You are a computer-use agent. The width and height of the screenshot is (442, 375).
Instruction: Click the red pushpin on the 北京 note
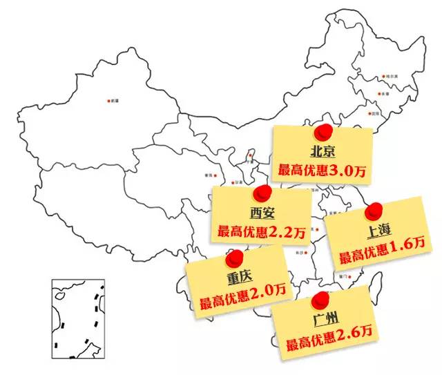coord(322,133)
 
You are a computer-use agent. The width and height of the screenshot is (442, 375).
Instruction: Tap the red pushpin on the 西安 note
coord(260,194)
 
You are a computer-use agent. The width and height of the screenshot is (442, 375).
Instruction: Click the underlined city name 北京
coord(322,151)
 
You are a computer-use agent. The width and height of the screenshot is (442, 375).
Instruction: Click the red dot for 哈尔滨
coord(383,77)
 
